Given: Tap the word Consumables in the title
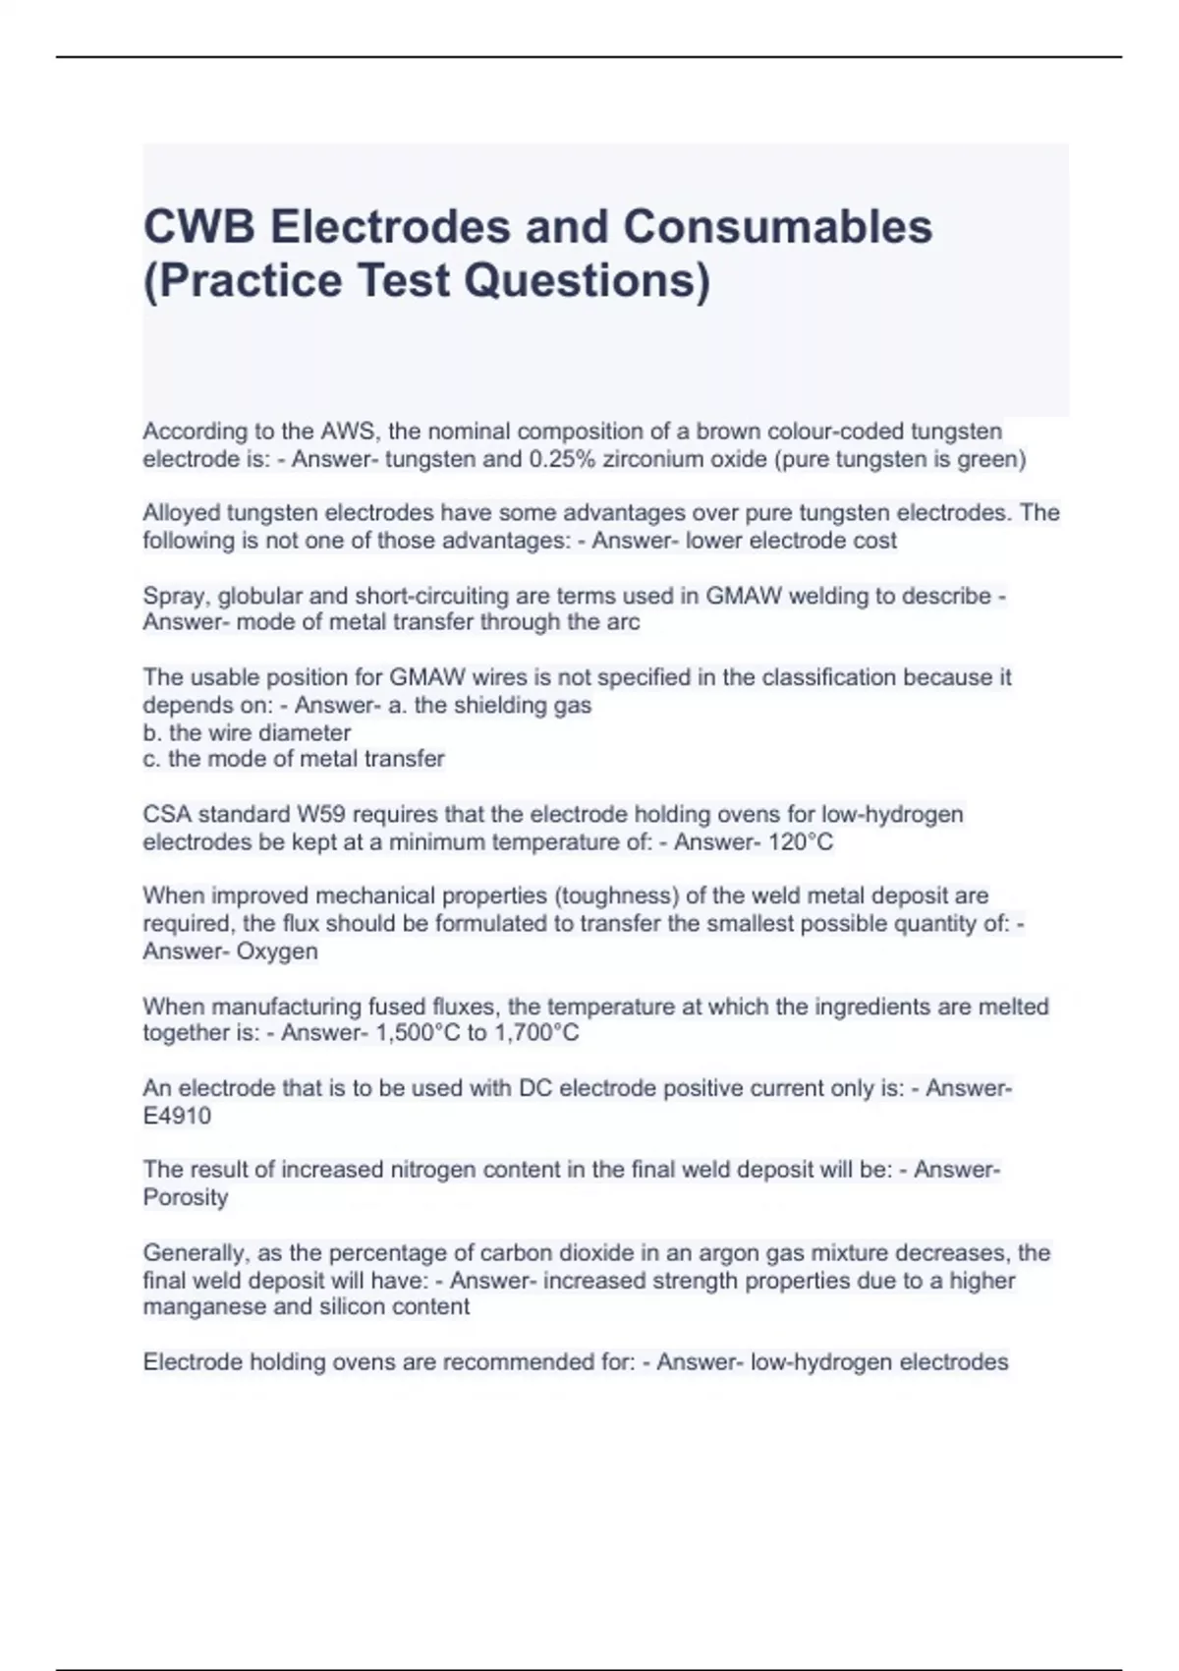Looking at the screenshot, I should [777, 227].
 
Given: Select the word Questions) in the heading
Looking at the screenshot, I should [587, 280].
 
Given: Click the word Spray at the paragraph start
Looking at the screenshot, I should [174, 596].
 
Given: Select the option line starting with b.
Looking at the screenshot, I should [247, 732].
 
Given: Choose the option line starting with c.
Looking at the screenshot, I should [293, 759].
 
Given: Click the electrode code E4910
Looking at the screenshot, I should [177, 1116].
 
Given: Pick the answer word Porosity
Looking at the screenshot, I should [186, 1197].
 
